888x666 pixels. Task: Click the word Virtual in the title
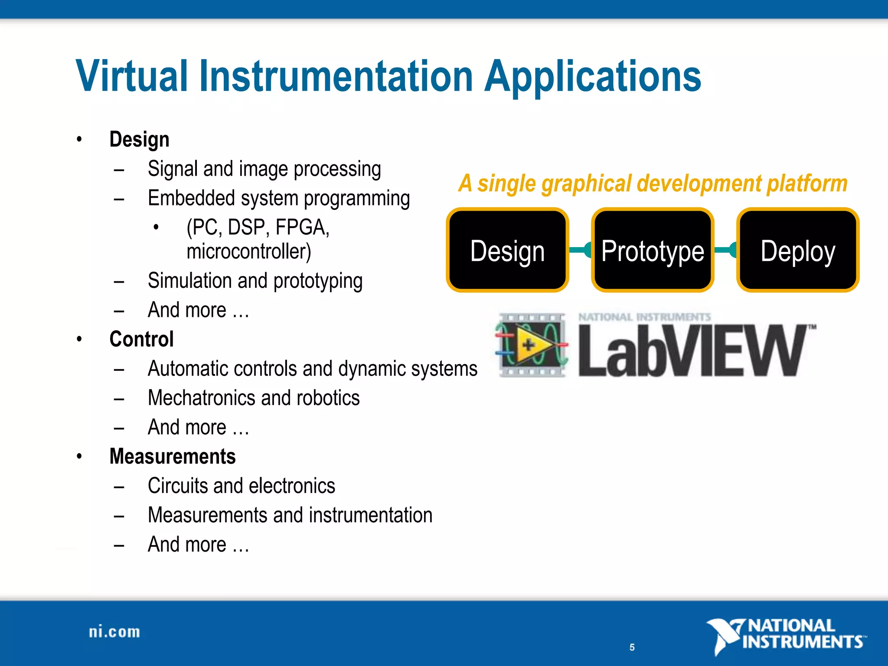[132, 77]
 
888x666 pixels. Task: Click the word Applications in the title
[593, 77]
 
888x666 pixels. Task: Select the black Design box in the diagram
[507, 250]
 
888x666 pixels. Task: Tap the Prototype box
[653, 250]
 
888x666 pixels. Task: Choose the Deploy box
[798, 250]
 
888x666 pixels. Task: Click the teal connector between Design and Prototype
[580, 250]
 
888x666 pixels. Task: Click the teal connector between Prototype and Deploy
[725, 250]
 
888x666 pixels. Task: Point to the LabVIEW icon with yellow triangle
[532, 345]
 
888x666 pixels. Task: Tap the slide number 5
[632, 647]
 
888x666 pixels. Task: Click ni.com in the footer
[114, 632]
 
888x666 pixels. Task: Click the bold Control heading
[141, 339]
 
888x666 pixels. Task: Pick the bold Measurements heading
[173, 457]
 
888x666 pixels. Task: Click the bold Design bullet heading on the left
[139, 140]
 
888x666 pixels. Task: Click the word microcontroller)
[249, 252]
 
